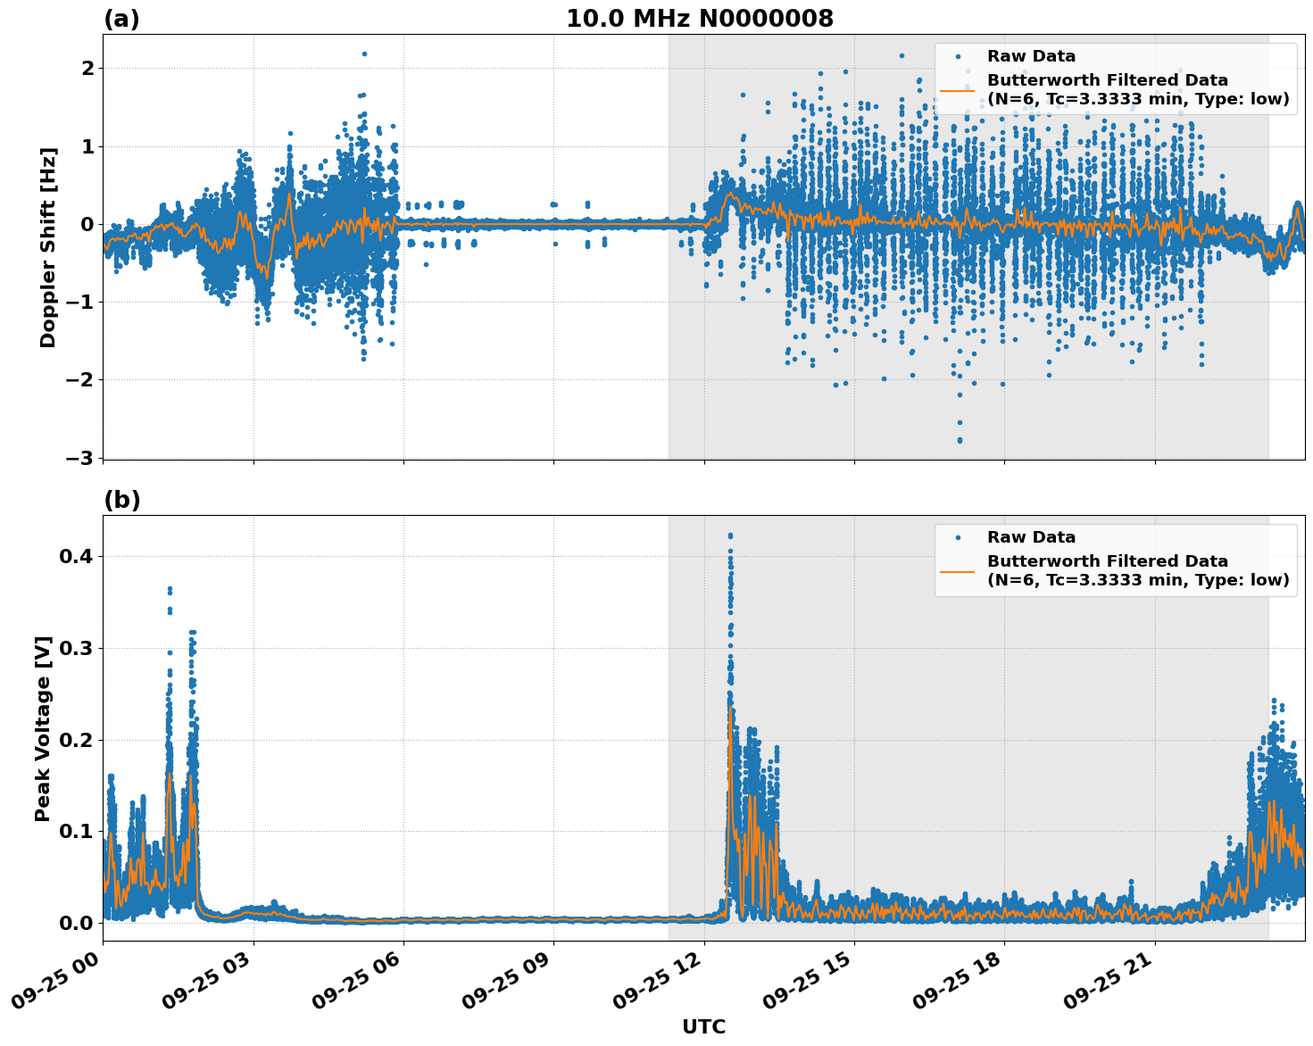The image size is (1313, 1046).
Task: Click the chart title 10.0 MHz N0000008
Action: [699, 19]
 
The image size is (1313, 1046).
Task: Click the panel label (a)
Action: [121, 19]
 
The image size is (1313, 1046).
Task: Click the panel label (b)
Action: [121, 500]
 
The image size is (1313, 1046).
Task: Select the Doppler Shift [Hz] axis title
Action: [48, 247]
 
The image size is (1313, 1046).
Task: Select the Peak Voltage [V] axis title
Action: [43, 728]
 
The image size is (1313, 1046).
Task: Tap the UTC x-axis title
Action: [703, 1026]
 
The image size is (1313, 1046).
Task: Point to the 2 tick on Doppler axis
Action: [87, 68]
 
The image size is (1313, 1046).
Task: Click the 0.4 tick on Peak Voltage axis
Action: [77, 556]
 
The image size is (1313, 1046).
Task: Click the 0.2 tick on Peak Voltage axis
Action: [77, 740]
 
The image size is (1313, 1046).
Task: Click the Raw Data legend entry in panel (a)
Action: [1031, 56]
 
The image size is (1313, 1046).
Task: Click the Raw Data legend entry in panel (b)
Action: [1031, 537]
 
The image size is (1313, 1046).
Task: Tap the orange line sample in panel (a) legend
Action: [957, 90]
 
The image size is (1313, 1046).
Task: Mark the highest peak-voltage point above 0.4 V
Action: [730, 535]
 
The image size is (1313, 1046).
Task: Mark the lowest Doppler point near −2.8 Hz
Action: [960, 441]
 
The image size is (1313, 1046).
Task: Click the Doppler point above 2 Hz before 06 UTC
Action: [364, 54]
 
